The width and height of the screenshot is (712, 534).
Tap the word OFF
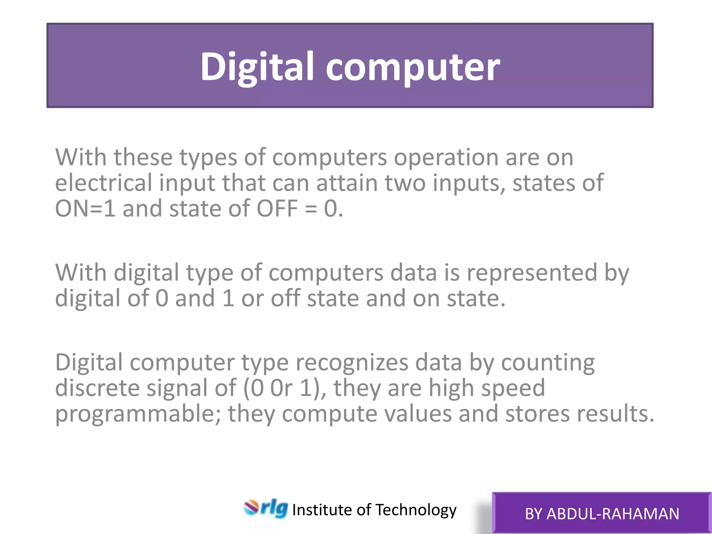(277, 209)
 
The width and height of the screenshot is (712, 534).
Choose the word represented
(532, 273)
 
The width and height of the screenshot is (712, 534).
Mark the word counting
(548, 363)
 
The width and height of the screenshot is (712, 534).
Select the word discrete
(97, 388)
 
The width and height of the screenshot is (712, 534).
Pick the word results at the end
(615, 414)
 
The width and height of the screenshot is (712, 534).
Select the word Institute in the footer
(322, 510)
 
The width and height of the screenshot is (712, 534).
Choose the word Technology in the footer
(416, 510)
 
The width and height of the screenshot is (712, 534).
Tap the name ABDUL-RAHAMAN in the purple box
(613, 514)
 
